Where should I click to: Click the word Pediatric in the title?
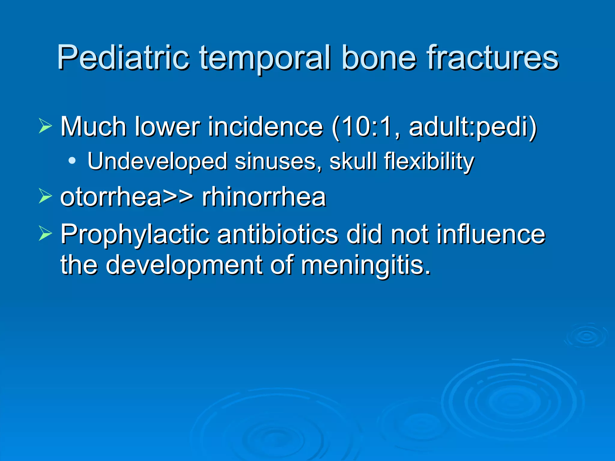click(x=123, y=57)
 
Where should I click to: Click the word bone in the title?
click(x=379, y=57)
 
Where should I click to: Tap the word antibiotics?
click(x=277, y=234)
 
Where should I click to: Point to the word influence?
click(x=491, y=234)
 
